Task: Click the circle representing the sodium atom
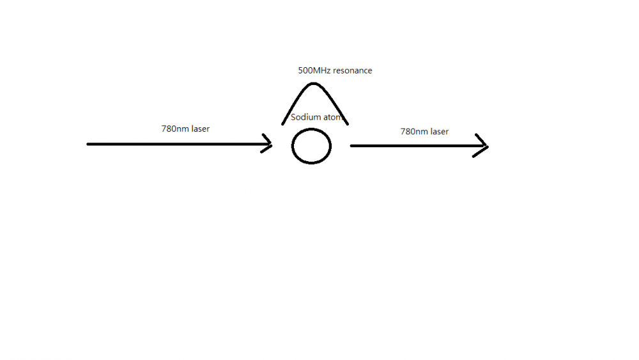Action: coord(311,146)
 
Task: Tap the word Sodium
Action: coord(305,117)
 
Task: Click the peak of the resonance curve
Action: coord(313,84)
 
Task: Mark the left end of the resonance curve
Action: coord(282,124)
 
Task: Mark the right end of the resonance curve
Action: coord(348,124)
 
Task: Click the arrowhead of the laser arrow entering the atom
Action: coord(270,144)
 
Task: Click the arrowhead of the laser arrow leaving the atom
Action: coord(488,146)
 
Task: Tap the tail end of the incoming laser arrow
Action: coord(87,144)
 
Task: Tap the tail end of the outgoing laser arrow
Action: coord(351,146)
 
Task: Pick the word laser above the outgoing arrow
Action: coord(440,132)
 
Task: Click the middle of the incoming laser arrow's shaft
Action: coord(179,144)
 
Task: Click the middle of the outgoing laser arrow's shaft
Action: coord(419,146)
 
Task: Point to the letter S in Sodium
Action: coord(293,118)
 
